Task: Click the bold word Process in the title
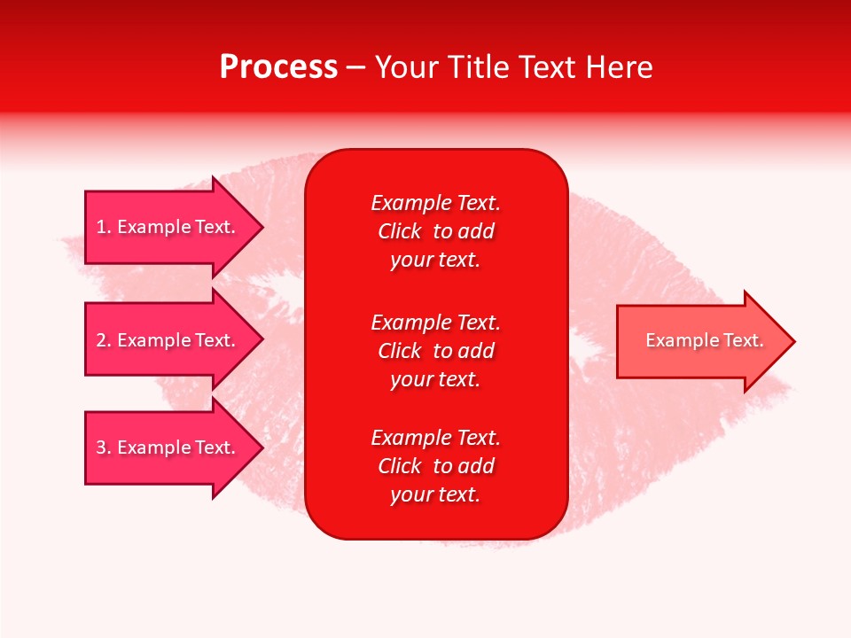point(278,67)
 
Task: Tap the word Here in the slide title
point(618,67)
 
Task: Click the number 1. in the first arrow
point(104,227)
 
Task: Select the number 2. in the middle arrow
point(104,340)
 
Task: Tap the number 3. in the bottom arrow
point(104,447)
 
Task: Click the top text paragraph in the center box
point(435,231)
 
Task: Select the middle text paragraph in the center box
point(435,351)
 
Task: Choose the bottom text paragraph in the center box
point(435,466)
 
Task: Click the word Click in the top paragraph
point(399,231)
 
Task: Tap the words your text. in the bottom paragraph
point(435,494)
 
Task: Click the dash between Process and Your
point(355,67)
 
